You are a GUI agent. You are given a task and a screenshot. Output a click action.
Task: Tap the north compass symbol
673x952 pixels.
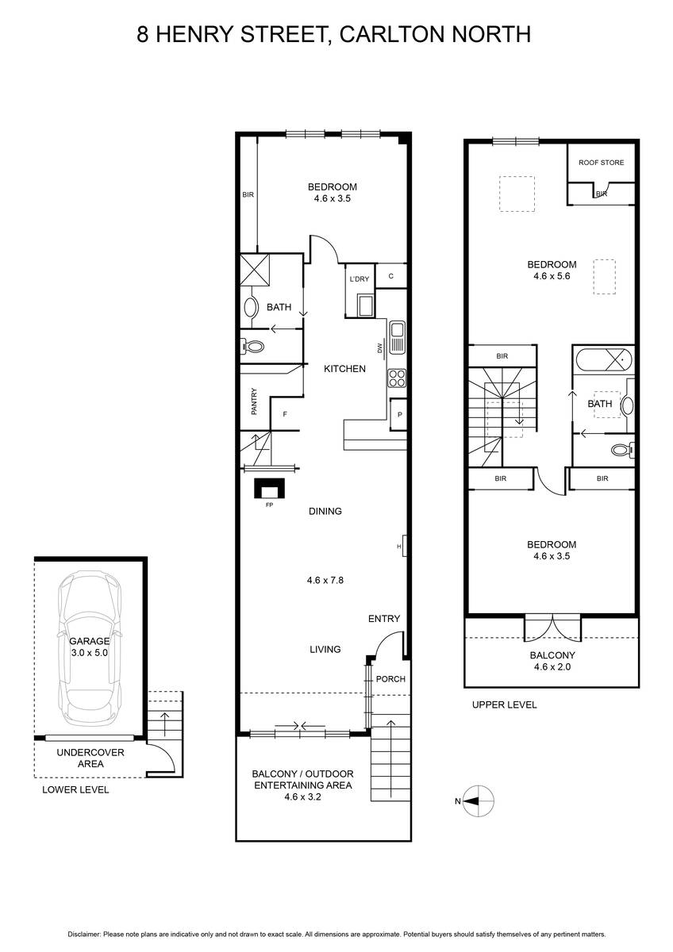coord(478,800)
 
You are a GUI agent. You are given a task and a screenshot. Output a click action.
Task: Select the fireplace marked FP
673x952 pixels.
coord(269,488)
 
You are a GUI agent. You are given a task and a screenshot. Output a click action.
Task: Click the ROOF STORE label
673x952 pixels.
coord(601,163)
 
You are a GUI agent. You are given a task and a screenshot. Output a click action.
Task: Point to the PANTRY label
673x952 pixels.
coord(254,401)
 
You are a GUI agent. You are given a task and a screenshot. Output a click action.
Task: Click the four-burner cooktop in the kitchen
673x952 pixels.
coord(396,378)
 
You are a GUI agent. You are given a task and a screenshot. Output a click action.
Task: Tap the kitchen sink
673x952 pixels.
coord(397,338)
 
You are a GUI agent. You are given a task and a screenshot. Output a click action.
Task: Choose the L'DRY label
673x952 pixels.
coord(360,279)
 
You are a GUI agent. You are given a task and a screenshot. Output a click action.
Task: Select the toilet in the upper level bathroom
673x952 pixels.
coord(623,449)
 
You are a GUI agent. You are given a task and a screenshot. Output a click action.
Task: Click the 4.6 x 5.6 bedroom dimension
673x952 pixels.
coord(552,276)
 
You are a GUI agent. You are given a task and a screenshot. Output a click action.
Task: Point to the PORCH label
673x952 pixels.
coord(390,679)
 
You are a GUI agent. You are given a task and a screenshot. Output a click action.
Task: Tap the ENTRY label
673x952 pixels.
coord(384,619)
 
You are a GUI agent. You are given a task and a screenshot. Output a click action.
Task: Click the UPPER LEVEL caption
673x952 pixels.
coord(504,704)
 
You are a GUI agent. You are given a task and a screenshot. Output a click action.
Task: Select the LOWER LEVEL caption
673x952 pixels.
coord(75,789)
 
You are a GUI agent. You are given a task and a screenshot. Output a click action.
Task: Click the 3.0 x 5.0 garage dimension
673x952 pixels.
coord(89,652)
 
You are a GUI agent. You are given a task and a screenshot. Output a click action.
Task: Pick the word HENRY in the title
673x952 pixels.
coord(194,34)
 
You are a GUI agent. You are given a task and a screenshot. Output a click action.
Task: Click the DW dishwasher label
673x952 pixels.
coord(380,348)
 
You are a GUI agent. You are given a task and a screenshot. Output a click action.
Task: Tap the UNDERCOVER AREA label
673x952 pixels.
coord(90,758)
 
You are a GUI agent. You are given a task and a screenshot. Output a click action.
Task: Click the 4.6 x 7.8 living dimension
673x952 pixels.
coord(325,580)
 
